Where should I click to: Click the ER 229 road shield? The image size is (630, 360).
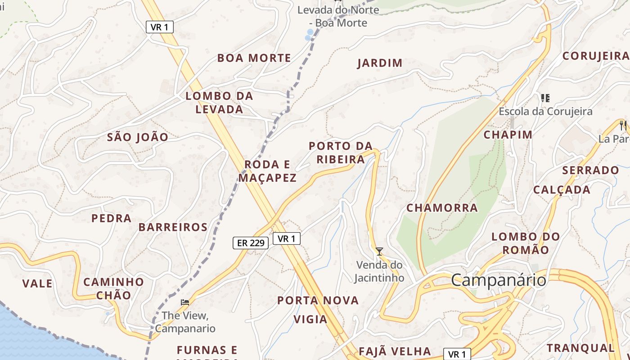[251, 243]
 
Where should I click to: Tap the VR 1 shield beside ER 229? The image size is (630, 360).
[286, 238]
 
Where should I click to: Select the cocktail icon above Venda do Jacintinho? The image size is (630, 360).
[379, 251]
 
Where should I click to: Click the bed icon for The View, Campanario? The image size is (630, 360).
[185, 302]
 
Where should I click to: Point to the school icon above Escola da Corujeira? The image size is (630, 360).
[545, 98]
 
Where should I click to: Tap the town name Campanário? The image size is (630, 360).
[499, 280]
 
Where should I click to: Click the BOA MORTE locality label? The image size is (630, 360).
[254, 58]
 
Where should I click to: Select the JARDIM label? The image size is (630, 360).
[380, 63]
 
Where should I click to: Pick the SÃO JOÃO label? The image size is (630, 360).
[138, 137]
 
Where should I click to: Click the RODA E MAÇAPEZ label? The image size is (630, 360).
[267, 171]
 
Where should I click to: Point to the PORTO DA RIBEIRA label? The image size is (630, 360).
[341, 153]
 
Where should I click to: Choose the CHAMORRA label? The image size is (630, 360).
[442, 208]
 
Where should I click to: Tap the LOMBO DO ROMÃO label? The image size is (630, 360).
[526, 243]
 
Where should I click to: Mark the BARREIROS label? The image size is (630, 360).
[173, 227]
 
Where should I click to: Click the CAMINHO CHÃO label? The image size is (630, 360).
[113, 288]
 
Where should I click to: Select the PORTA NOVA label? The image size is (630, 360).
[318, 300]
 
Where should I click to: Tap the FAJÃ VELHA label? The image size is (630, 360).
[395, 351]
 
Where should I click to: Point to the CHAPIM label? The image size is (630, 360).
[508, 135]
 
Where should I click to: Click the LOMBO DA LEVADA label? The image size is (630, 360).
[220, 102]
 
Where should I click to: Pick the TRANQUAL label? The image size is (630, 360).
[580, 348]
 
